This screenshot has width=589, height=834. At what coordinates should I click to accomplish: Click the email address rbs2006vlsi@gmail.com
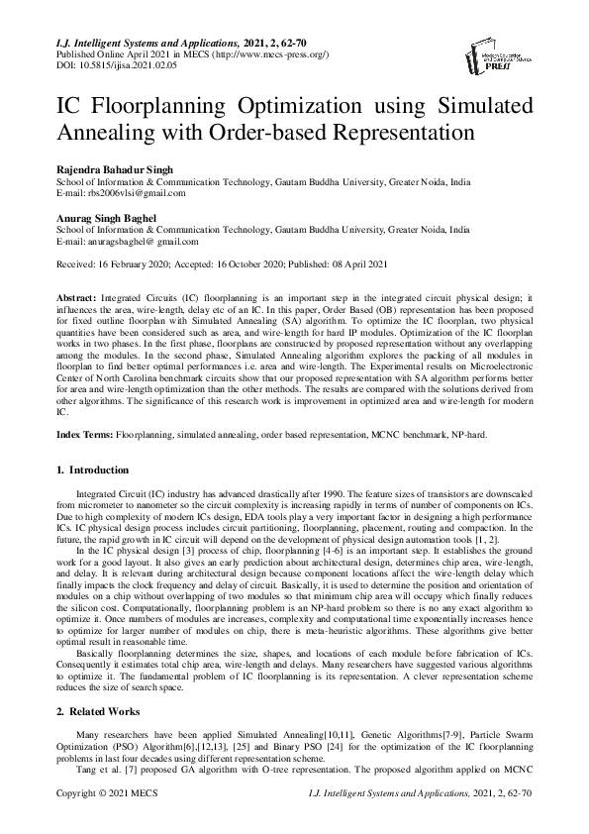click(124, 195)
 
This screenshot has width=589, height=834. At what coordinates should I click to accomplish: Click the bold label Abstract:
click(75, 296)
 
